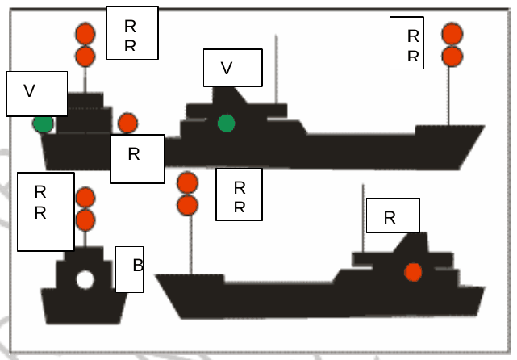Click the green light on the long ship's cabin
(x=226, y=123)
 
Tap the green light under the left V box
(x=44, y=124)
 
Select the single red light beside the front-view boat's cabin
(x=127, y=123)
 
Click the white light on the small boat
(x=85, y=279)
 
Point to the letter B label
(x=130, y=270)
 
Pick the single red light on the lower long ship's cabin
(x=413, y=272)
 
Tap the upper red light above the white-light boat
(x=85, y=197)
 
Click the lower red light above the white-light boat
(x=85, y=220)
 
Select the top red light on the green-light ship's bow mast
(x=452, y=34)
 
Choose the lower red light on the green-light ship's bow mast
(x=452, y=56)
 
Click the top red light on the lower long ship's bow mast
(x=188, y=182)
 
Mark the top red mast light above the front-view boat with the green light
(x=85, y=34)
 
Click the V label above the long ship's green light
(x=233, y=68)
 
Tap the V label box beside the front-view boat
(x=36, y=94)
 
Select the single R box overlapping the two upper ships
(x=137, y=159)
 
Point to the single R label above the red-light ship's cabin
(x=393, y=216)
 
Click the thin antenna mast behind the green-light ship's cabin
(x=277, y=69)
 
